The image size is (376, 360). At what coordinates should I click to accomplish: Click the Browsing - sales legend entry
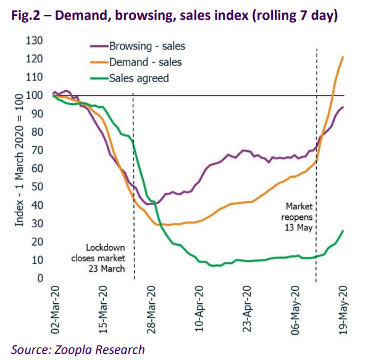point(138,46)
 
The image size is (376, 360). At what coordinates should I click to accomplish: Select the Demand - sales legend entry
point(136,62)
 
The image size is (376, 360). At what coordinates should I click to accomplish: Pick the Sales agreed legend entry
point(130,78)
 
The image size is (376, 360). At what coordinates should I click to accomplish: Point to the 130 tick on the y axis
point(35,41)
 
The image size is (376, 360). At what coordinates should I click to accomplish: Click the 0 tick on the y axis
point(40,278)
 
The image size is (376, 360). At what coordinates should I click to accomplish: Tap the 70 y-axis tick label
point(37,151)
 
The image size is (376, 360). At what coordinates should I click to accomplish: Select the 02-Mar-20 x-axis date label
point(55,309)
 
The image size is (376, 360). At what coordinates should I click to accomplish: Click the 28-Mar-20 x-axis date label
point(151,309)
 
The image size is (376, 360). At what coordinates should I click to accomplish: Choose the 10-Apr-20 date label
point(199,309)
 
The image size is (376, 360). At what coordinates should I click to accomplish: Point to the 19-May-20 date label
point(343,309)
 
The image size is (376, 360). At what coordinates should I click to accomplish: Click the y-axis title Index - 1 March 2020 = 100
point(19,160)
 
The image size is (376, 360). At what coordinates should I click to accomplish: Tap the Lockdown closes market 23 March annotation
point(98,258)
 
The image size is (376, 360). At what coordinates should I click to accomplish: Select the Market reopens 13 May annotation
point(297,217)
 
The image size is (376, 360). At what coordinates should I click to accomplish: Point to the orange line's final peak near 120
point(343,57)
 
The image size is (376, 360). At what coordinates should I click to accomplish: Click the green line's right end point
point(343,231)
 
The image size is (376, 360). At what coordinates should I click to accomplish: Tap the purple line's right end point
point(343,107)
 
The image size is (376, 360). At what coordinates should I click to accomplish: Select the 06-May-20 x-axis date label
point(295,309)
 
